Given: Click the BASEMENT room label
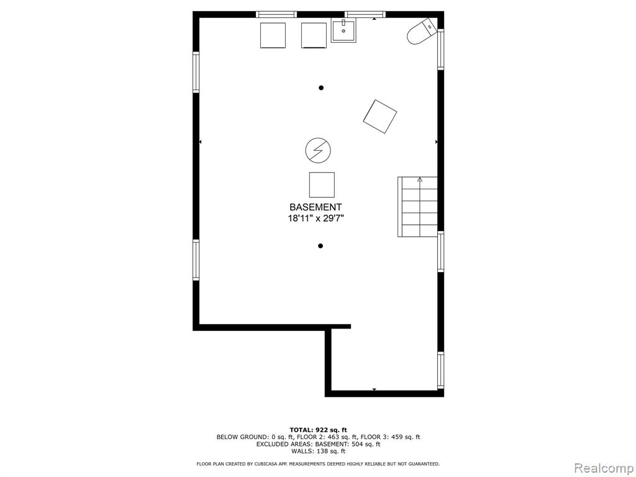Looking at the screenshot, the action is coord(315,207).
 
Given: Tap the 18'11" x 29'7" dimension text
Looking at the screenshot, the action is coord(316,219).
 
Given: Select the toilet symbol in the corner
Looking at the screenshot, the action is coord(422,31).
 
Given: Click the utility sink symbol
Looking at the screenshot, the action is coord(343,30).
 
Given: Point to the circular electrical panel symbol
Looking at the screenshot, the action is coord(318,150).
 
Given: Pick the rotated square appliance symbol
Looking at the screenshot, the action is coord(379,116).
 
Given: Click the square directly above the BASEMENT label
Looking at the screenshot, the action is coord(322,184).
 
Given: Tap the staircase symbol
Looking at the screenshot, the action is coord(417,207).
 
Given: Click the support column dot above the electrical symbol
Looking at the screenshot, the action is coord(321,88).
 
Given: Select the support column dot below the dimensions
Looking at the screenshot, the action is coord(320,246).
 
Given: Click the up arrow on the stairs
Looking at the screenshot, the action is coord(420,179).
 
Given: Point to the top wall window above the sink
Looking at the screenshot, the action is coord(365,15).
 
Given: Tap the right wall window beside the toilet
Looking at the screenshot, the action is coord(440,49).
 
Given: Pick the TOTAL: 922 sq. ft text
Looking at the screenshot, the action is coord(318,430).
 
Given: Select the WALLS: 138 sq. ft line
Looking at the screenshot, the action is coord(318,451).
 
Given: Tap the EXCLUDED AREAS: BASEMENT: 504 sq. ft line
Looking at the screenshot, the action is coord(318,443).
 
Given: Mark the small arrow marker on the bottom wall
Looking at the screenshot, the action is coord(374,389).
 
